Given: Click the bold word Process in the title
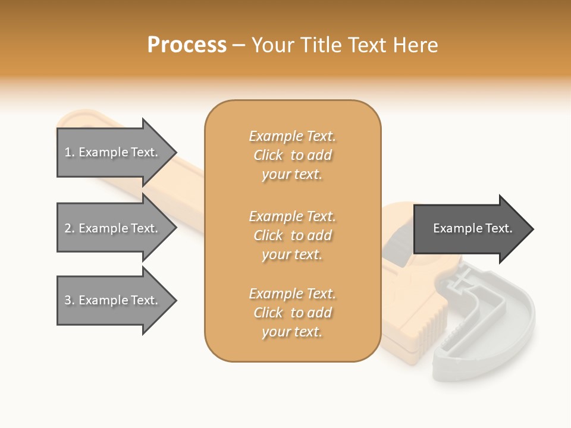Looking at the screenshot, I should click(187, 45).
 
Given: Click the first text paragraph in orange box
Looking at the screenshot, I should click(292, 155).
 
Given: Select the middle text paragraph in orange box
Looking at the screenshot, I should click(292, 235).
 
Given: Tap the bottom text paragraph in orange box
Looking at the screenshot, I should click(292, 313).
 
